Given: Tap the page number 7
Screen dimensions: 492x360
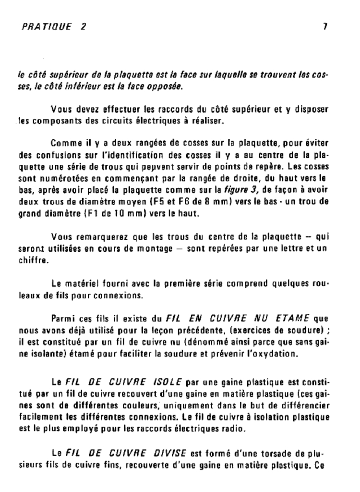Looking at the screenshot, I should click(325, 27).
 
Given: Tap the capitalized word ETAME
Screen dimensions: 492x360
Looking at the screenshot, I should click(292, 318).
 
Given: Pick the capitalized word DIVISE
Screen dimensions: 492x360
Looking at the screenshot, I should click(170, 452).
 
